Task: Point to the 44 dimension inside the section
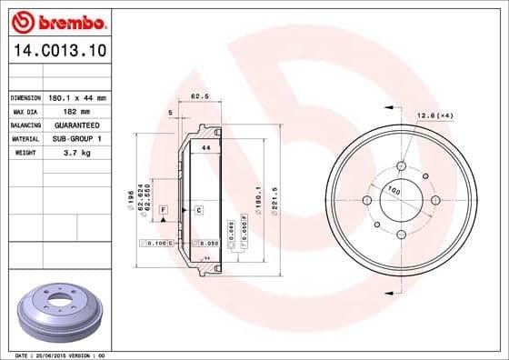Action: [206, 147]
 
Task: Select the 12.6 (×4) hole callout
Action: [435, 115]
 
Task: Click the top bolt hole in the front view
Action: [400, 166]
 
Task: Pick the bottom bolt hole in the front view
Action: [400, 234]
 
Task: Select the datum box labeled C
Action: [198, 210]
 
